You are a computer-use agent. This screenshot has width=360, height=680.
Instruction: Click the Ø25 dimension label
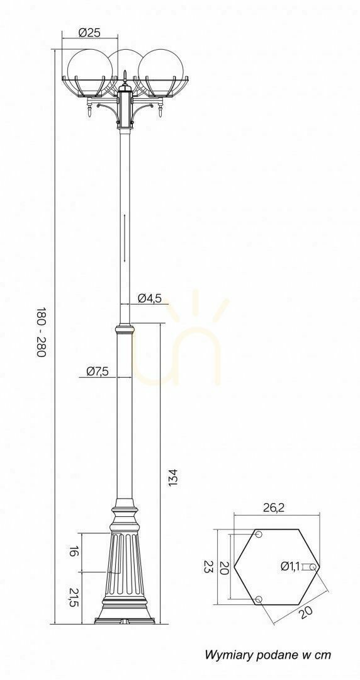pyautogui.click(x=90, y=32)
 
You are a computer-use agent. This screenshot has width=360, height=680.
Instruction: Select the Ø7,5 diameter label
pyautogui.click(x=97, y=371)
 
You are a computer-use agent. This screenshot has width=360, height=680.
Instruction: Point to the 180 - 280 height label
pyautogui.click(x=41, y=332)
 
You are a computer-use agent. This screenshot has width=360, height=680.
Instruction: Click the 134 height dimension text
pyautogui.click(x=173, y=477)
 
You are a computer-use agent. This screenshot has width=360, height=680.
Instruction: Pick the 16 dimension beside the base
pyautogui.click(x=74, y=552)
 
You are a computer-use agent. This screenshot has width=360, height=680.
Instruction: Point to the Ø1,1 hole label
pyautogui.click(x=290, y=566)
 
